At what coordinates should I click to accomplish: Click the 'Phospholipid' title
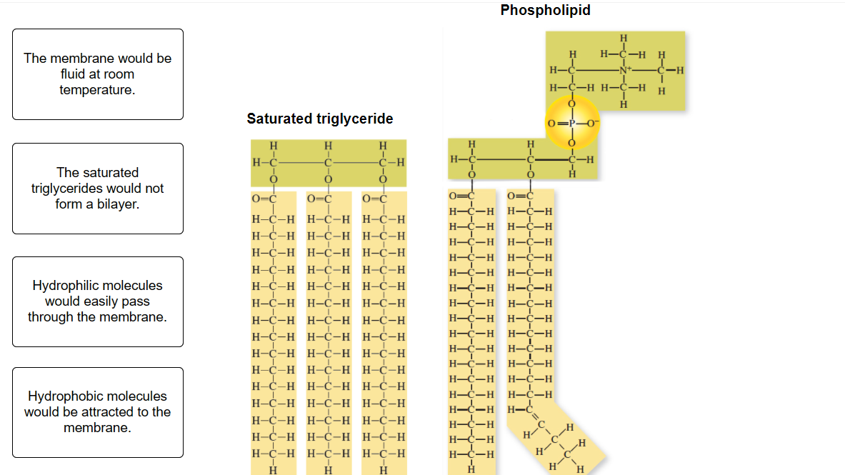(545, 10)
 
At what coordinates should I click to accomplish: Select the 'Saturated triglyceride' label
(319, 119)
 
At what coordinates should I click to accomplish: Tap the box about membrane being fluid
(97, 74)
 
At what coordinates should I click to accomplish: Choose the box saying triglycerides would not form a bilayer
(97, 189)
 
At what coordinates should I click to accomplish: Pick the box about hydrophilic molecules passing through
(97, 301)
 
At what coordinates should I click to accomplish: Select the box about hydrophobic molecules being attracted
(97, 412)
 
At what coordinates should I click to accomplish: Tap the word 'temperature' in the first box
(97, 90)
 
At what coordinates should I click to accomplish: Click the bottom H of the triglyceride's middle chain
(328, 469)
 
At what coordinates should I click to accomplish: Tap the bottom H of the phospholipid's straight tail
(471, 469)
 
